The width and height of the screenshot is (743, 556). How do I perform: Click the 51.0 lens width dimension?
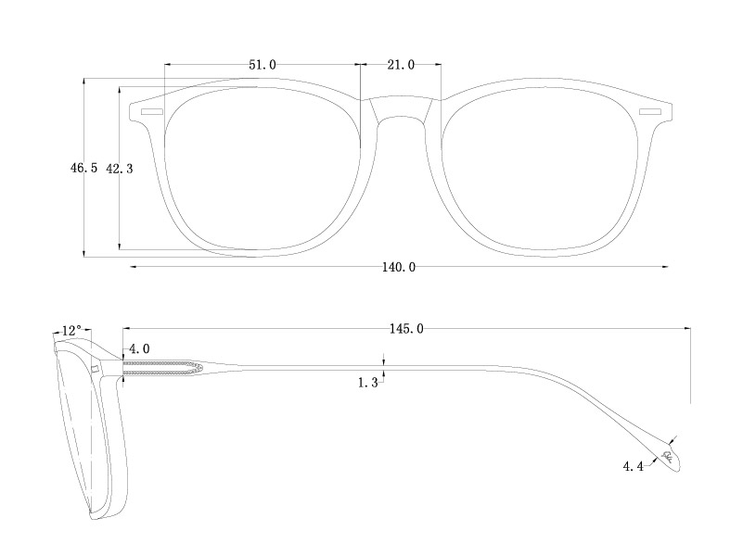262,65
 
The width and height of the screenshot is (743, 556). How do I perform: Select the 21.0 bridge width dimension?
400,65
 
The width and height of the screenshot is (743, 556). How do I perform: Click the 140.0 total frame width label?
399,268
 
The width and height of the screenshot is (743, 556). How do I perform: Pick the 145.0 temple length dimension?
406,328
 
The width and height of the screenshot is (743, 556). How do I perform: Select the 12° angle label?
71,330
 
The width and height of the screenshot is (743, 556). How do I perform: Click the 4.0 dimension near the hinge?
139,348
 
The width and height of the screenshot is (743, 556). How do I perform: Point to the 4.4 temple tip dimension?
634,466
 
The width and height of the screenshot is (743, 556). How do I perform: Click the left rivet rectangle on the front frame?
150,112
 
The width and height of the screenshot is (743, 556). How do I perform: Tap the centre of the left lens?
262,167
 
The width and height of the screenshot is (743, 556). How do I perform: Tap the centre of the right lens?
538,167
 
